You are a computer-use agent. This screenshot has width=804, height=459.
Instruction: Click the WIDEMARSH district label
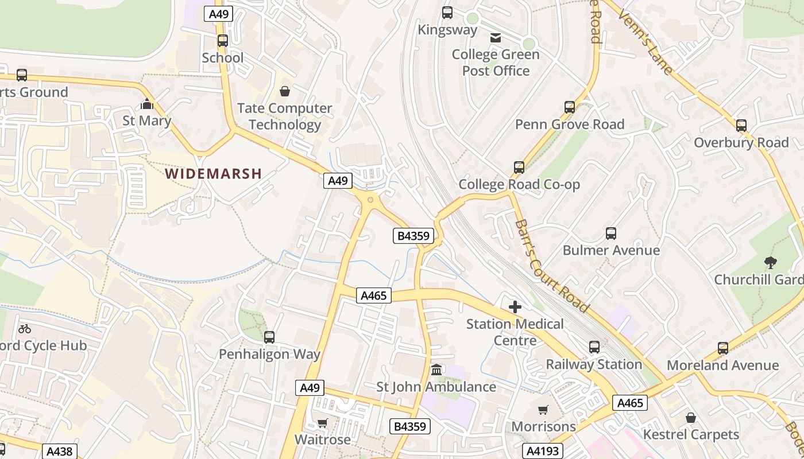pyautogui.click(x=213, y=173)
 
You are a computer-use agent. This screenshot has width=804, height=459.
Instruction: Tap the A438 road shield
pyautogui.click(x=59, y=452)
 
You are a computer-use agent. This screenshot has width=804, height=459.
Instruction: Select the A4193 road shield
pyautogui.click(x=543, y=451)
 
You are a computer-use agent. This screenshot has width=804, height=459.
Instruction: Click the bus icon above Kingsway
pyautogui.click(x=447, y=13)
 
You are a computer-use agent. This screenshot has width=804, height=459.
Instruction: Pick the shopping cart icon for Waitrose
pyautogui.click(x=323, y=423)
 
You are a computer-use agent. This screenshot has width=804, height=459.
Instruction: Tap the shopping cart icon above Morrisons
pyautogui.click(x=543, y=410)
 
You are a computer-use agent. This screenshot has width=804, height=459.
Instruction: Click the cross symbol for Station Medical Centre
pyautogui.click(x=515, y=307)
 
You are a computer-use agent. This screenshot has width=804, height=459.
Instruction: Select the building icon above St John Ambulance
pyautogui.click(x=436, y=369)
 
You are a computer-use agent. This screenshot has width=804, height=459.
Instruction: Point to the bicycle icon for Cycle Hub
pyautogui.click(x=25, y=329)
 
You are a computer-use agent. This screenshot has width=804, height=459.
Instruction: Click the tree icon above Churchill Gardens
pyautogui.click(x=771, y=263)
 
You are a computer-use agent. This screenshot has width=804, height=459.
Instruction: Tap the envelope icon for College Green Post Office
pyautogui.click(x=495, y=38)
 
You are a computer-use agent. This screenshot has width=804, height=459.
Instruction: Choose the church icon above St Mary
pyautogui.click(x=147, y=104)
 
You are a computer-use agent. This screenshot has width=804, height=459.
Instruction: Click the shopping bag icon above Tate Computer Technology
pyautogui.click(x=284, y=91)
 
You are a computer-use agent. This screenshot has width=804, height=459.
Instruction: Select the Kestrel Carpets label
pyautogui.click(x=691, y=434)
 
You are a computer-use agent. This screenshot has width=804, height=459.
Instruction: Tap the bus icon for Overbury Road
pyautogui.click(x=741, y=126)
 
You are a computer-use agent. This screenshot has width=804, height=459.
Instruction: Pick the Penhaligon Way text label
pyautogui.click(x=269, y=354)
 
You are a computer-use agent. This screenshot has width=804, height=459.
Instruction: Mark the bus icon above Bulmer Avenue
pyautogui.click(x=611, y=234)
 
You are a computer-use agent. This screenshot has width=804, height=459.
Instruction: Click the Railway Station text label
pyautogui.click(x=594, y=364)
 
